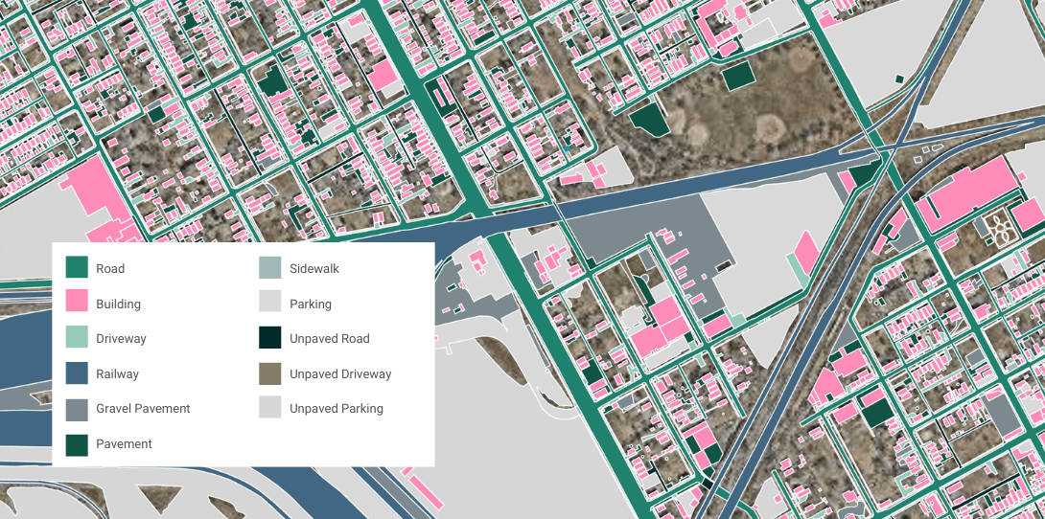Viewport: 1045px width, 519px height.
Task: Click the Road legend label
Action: [x=110, y=269]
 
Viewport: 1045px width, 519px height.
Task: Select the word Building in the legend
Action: [x=118, y=305]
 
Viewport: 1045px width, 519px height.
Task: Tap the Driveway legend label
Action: [x=121, y=339]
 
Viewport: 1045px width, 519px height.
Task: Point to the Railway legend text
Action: [x=117, y=374]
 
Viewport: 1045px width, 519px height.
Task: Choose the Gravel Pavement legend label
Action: [x=143, y=409]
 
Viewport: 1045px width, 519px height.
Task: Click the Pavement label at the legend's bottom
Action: [x=124, y=444]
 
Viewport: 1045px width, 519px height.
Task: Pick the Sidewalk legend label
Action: [x=314, y=269]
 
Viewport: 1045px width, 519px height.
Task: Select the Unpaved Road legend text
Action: [x=329, y=339]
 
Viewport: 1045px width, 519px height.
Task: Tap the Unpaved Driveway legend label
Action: [x=340, y=374]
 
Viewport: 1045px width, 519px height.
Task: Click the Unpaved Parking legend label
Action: [x=336, y=409]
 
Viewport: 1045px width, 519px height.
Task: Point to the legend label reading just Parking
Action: [x=311, y=305]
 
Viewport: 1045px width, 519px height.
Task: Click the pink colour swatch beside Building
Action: [x=77, y=304]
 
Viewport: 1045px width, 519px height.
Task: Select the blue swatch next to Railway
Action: [x=77, y=373]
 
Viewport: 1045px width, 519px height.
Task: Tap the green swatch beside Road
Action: [x=77, y=268]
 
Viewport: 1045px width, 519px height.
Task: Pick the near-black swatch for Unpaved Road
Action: [x=270, y=338]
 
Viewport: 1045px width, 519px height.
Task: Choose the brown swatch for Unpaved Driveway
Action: [x=270, y=373]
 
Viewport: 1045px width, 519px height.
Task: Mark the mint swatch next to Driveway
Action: [x=77, y=338]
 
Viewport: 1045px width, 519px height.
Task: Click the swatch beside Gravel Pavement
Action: [x=77, y=409]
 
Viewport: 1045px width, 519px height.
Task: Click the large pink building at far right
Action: [x=968, y=192]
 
